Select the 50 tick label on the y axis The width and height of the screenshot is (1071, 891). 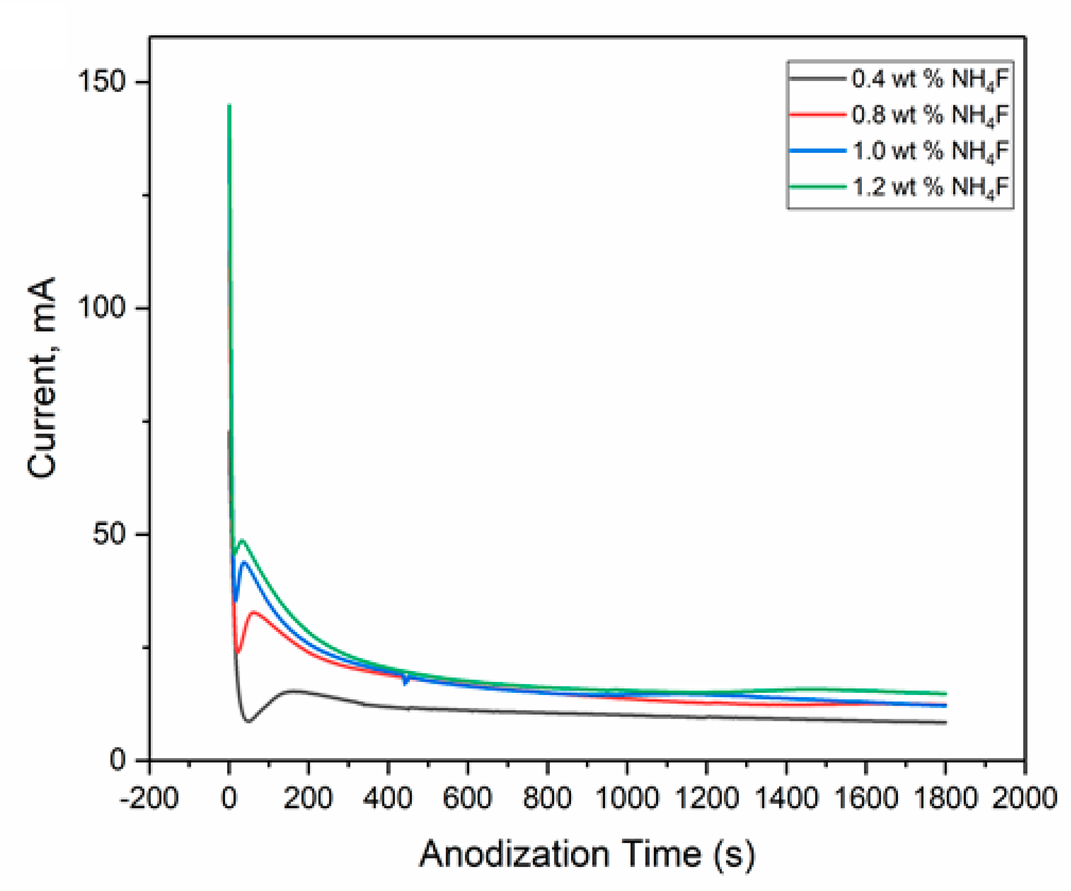pos(109,534)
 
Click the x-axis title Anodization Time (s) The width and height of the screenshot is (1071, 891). pos(586,854)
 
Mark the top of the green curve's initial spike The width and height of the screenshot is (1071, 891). pos(230,105)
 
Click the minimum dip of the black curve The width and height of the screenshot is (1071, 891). pos(249,721)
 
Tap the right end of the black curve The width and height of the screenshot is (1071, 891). pos(945,723)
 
